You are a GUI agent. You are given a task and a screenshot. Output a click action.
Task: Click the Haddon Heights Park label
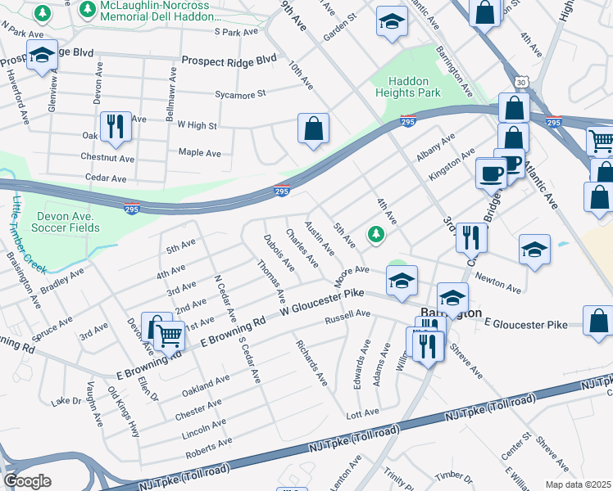(414, 86)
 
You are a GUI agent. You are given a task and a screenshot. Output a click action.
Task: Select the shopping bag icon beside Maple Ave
(313, 129)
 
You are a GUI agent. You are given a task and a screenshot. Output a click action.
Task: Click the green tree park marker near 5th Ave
(376, 235)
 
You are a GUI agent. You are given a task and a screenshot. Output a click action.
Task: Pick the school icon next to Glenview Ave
(41, 56)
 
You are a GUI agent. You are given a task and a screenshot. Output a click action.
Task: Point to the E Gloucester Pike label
(525, 325)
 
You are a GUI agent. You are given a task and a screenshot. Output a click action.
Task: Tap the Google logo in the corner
(27, 481)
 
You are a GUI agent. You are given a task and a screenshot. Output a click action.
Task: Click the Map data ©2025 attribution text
(579, 484)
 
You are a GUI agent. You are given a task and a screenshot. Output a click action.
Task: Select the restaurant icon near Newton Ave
(470, 237)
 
